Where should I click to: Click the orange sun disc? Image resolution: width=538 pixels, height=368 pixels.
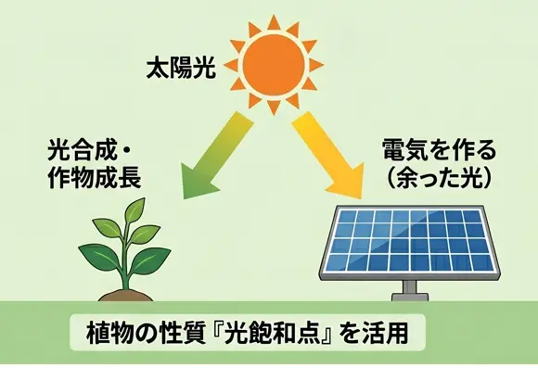(x=274, y=65)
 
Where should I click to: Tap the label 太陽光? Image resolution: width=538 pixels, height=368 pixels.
(x=182, y=69)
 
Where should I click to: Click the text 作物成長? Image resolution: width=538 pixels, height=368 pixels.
(x=95, y=178)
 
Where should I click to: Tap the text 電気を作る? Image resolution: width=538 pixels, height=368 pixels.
(x=439, y=150)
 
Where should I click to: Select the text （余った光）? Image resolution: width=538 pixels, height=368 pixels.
(x=440, y=178)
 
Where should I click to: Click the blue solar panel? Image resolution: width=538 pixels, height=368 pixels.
(x=410, y=242)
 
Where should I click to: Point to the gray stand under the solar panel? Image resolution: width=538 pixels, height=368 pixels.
(x=410, y=291)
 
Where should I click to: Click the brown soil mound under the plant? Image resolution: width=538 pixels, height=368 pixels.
(x=125, y=296)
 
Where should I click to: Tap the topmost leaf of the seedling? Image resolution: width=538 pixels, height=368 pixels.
(x=135, y=209)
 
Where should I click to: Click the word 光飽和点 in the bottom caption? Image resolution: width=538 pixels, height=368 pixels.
(x=274, y=333)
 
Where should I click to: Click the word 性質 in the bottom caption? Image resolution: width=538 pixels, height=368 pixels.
(x=183, y=333)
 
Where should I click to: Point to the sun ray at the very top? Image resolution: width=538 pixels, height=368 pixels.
(x=274, y=22)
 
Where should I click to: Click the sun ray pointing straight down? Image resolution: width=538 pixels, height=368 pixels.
(x=274, y=108)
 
